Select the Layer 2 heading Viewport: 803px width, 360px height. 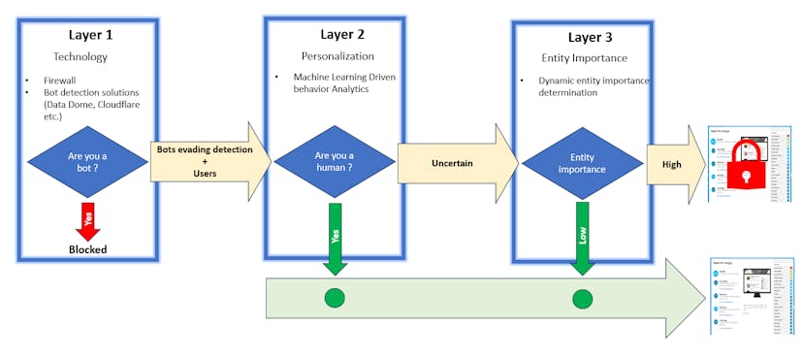point(332,36)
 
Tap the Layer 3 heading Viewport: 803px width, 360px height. point(580,38)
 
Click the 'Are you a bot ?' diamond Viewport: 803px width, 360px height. point(88,163)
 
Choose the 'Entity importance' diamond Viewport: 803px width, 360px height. point(582,163)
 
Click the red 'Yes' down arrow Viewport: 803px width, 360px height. point(89,221)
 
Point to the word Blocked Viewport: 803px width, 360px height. point(87,249)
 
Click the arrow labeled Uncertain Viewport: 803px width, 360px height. point(454,163)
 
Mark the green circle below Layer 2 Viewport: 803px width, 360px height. point(335,298)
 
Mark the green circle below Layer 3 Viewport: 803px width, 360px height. point(582,298)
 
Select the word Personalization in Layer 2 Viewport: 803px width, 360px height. point(330,56)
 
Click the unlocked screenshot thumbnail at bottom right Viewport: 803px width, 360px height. point(752,298)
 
